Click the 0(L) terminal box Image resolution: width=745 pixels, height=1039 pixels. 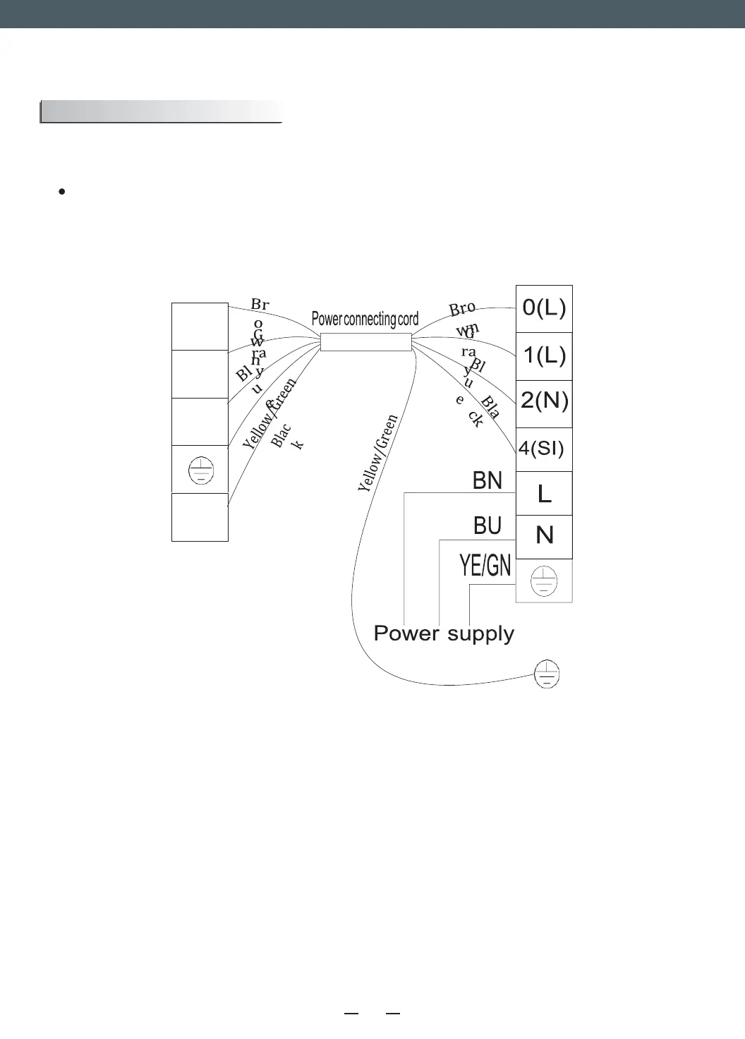point(544,308)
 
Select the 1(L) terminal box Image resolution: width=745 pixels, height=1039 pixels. point(544,356)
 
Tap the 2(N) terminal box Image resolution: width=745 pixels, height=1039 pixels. point(544,402)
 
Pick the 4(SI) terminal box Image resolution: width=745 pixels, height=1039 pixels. point(542,449)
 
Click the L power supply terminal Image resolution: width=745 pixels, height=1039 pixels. point(544,494)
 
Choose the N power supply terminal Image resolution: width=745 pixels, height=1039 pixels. point(544,536)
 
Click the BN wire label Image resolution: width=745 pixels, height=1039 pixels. point(487,481)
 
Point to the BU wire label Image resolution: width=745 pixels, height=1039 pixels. point(487,526)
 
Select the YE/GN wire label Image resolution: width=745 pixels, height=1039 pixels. point(485,566)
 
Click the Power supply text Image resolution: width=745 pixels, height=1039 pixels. point(444,633)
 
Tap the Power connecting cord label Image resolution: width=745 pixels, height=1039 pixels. point(365,320)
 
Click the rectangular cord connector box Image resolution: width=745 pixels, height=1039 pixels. point(365,342)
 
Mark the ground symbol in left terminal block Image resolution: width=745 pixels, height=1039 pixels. point(201,470)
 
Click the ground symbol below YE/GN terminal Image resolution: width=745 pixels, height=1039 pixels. point(544,581)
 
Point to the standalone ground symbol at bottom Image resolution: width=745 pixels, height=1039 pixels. point(547,674)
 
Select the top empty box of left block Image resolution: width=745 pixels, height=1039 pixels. point(200,327)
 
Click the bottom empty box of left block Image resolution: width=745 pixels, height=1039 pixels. point(200,517)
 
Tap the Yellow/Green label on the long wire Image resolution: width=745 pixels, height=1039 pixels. point(378,454)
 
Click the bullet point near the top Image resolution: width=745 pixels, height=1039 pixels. point(63,191)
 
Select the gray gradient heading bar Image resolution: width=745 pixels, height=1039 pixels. point(161,112)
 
